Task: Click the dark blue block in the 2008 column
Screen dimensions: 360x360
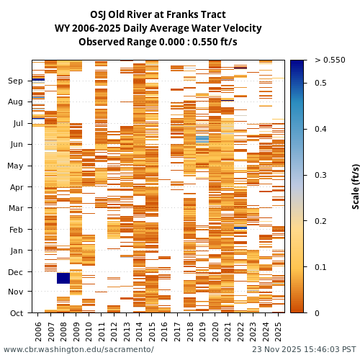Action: point(63,278)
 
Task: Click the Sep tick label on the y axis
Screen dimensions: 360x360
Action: point(16,81)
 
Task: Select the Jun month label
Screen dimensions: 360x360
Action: point(16,145)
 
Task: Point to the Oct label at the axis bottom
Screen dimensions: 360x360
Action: point(16,313)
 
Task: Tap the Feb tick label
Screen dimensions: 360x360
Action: point(16,230)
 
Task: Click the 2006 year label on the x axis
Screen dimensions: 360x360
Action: point(39,331)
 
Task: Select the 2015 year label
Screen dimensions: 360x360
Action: point(152,331)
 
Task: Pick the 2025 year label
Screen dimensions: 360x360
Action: point(277,331)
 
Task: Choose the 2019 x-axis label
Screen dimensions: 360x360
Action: point(202,331)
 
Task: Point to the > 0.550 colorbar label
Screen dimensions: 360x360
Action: point(330,60)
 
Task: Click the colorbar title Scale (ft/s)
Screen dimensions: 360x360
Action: point(356,186)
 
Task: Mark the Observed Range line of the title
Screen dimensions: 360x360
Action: point(158,42)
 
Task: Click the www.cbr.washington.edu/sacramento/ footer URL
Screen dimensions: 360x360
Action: point(78,349)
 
